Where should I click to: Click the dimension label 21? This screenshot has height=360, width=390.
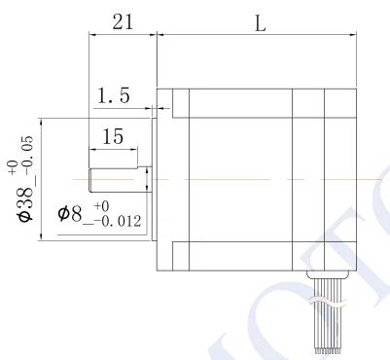123,22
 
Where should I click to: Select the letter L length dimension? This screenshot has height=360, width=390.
261,23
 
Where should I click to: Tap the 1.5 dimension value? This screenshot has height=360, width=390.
114,95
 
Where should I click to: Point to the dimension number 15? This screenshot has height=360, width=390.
113,136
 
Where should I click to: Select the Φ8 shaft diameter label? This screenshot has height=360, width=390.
70,214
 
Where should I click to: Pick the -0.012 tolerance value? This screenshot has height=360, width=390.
118,222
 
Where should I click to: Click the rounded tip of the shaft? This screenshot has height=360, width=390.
90,180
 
